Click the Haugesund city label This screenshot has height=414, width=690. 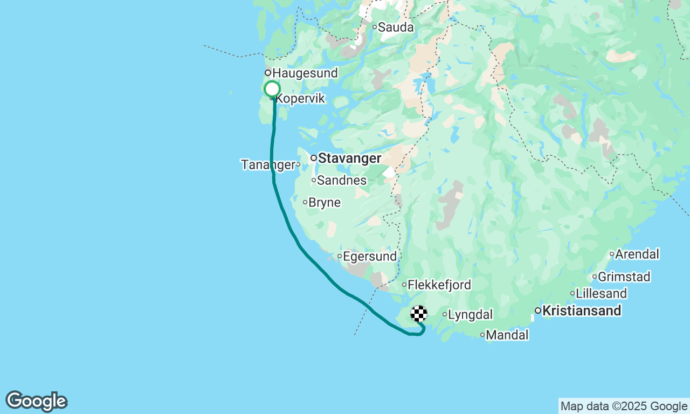click(x=305, y=73)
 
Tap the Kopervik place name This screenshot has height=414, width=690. click(x=300, y=100)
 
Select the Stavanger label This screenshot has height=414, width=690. click(x=349, y=158)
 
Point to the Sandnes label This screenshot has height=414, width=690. click(x=342, y=181)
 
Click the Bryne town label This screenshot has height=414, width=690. click(x=325, y=203)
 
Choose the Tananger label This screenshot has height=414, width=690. click(x=268, y=164)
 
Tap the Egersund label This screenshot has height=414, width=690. click(x=370, y=257)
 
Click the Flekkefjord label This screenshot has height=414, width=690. click(x=440, y=285)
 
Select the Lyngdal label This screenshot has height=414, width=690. click(x=470, y=315)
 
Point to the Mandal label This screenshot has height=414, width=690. click(x=507, y=335)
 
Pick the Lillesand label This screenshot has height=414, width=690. click(x=601, y=294)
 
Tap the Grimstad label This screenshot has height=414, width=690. click(x=624, y=277)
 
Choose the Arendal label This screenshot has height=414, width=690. click(x=637, y=254)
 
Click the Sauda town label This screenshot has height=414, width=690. click(x=396, y=27)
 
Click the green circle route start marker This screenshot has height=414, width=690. click(x=272, y=89)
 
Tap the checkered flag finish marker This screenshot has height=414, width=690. click(x=419, y=314)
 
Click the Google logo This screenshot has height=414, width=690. click(x=37, y=402)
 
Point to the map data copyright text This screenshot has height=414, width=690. click(x=624, y=406)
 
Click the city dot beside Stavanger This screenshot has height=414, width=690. click(x=313, y=158)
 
